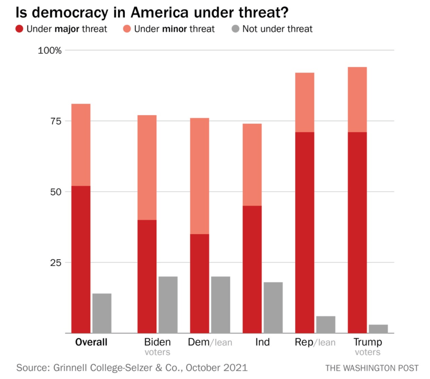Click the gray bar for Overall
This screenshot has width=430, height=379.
click(102, 313)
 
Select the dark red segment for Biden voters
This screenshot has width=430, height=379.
click(147, 276)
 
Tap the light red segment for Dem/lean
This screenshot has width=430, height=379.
click(199, 176)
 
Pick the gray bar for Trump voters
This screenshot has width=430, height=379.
click(378, 329)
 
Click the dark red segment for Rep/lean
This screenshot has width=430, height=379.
click(304, 232)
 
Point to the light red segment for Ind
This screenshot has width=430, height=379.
click(252, 165)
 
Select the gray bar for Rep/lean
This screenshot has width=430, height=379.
click(326, 324)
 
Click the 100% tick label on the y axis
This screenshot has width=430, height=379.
click(50, 50)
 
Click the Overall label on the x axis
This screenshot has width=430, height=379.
click(91, 342)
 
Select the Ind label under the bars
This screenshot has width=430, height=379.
click(262, 342)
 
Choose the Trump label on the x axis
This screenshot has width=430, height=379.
click(367, 342)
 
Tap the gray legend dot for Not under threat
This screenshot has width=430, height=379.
click(235, 29)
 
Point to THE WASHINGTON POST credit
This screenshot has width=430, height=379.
click(372, 368)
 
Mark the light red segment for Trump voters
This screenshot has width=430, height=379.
click(357, 100)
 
